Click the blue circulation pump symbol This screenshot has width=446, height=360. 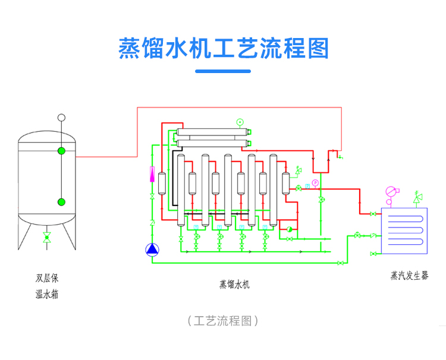tap(152, 250)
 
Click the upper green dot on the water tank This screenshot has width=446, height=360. tap(61, 151)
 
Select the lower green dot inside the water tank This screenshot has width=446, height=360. tap(61, 202)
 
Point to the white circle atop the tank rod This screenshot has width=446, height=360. tap(61, 118)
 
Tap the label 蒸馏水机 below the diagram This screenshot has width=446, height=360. tap(234, 284)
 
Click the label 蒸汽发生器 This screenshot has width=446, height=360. tap(409, 276)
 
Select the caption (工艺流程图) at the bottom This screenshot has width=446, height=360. tap(223, 321)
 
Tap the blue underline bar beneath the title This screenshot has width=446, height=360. tap(223, 71)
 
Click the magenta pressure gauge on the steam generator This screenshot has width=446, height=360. tap(391, 191)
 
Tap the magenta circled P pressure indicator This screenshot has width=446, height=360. tap(315, 182)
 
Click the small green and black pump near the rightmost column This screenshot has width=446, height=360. tap(290, 228)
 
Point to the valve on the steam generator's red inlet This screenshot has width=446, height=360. tap(372, 213)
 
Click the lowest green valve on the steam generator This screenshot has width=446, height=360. tap(372, 254)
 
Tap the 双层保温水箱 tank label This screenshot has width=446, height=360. tap(47, 286)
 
